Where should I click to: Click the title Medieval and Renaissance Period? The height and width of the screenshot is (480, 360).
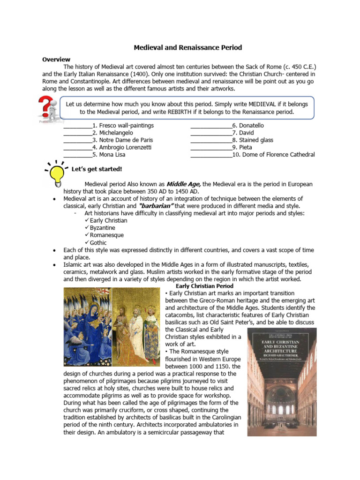point(188,48)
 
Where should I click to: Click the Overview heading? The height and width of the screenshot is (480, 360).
point(56,60)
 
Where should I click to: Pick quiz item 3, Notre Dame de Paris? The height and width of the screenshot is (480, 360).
point(123,140)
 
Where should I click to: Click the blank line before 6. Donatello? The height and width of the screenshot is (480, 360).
point(211,126)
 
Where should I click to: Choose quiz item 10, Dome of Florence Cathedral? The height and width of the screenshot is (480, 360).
point(274,155)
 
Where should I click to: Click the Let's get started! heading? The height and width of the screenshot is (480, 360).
point(97,169)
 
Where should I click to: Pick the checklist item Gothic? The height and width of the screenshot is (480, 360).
point(98,243)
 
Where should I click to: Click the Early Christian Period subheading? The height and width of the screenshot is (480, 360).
point(204,286)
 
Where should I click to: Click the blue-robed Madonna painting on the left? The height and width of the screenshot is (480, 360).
point(88,327)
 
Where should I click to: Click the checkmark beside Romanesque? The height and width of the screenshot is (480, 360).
point(87,235)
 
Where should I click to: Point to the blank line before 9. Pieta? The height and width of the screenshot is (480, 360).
point(211,148)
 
